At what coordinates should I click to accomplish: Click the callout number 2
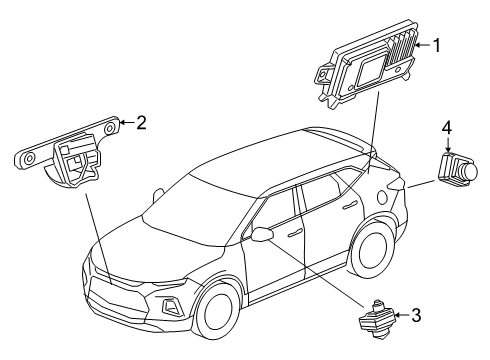click(x=141, y=123)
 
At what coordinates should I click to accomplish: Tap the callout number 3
click(x=416, y=315)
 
